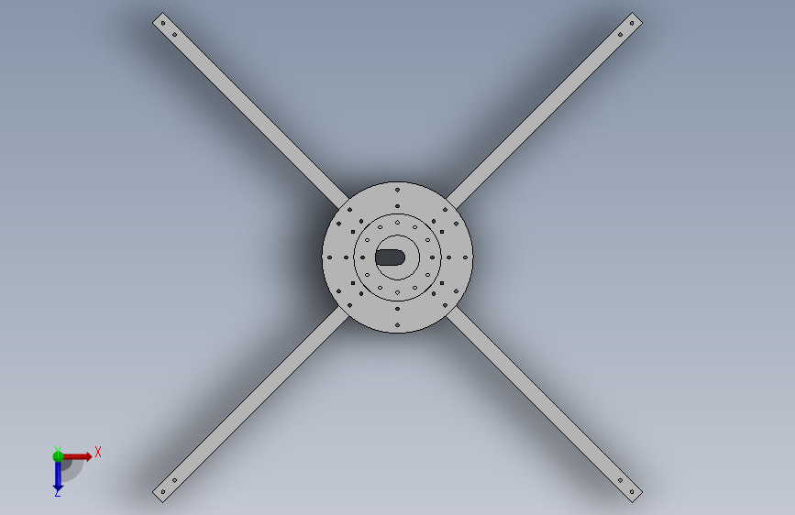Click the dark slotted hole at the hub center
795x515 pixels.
click(x=390, y=257)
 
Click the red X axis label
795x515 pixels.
click(x=98, y=452)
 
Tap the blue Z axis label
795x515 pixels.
click(x=57, y=493)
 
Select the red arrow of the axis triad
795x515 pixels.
click(x=76, y=456)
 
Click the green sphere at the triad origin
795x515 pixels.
click(x=58, y=456)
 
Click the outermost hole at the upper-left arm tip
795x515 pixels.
click(x=162, y=23)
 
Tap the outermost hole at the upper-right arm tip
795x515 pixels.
click(x=632, y=23)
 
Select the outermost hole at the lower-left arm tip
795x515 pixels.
click(x=162, y=492)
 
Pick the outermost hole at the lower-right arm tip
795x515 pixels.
click(x=632, y=492)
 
